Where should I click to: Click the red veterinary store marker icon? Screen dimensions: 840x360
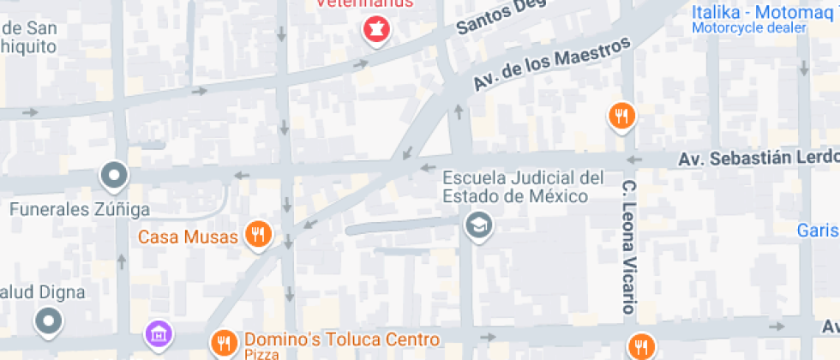pyautogui.click(x=375, y=31)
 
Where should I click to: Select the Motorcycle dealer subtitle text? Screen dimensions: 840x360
pyautogui.click(x=749, y=27)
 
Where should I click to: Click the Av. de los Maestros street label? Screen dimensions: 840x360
pyautogui.click(x=552, y=65)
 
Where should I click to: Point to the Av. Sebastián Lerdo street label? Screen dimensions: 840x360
pyautogui.click(x=758, y=159)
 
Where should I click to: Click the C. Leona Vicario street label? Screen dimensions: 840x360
pyautogui.click(x=628, y=246)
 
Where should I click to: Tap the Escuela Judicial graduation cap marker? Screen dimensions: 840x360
pyautogui.click(x=475, y=226)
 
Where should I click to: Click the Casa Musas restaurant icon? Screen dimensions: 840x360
pyautogui.click(x=257, y=233)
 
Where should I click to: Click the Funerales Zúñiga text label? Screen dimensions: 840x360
pyautogui.click(x=80, y=209)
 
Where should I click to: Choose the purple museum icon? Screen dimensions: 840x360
pyautogui.click(x=158, y=333)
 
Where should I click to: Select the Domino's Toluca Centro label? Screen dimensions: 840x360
pyautogui.click(x=342, y=339)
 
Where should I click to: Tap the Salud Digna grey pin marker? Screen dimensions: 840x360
pyautogui.click(x=48, y=322)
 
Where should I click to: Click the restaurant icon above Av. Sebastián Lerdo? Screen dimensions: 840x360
pyautogui.click(x=621, y=115)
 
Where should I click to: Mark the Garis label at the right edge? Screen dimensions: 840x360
pyautogui.click(x=818, y=230)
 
